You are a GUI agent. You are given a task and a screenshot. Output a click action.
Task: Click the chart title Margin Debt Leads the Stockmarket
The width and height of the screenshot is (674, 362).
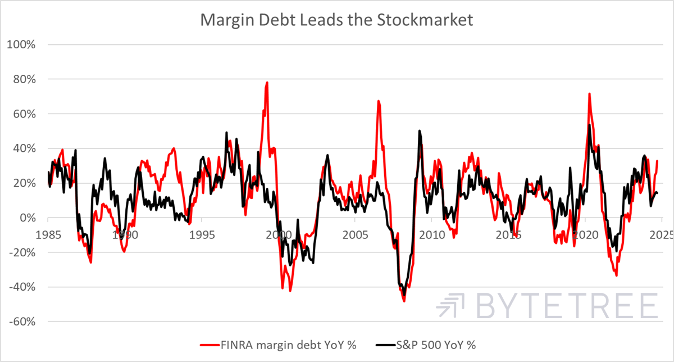[337, 20]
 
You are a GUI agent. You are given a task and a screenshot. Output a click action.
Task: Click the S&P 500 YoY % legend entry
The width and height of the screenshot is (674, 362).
[427, 344]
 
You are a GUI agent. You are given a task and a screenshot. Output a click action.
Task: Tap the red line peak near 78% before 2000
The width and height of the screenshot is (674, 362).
[267, 83]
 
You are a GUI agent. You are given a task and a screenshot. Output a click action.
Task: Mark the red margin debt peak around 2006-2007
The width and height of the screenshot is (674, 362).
[379, 101]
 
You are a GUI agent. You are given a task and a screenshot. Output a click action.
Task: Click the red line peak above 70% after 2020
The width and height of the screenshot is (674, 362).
[589, 94]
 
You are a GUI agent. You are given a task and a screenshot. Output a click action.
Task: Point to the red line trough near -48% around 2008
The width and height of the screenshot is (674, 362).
[404, 301]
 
